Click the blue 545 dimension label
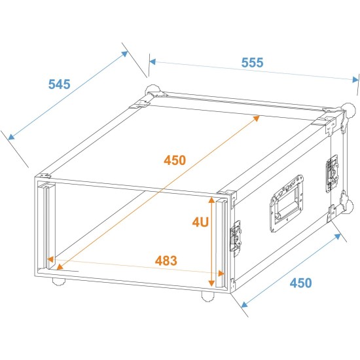59,84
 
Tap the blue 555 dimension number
252,63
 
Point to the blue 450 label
300,283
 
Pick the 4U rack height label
200,222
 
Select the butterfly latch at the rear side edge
332,171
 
